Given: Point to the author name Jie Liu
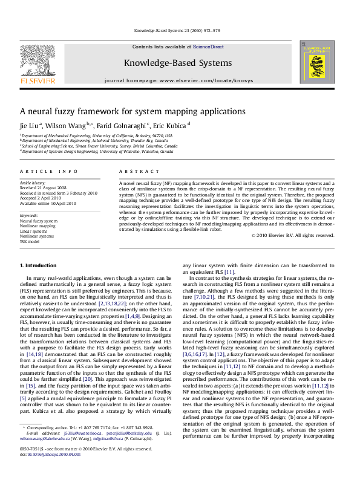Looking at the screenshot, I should (x=30, y=125).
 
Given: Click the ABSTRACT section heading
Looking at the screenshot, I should (x=134, y=172).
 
